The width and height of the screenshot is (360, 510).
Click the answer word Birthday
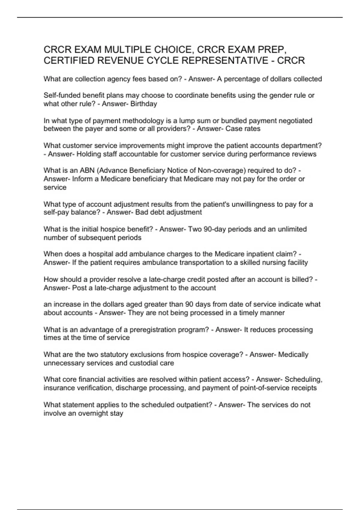(144, 104)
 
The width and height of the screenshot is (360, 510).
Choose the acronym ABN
(87, 170)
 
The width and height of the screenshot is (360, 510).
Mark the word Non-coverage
(221, 170)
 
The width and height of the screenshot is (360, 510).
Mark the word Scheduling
(303, 379)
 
